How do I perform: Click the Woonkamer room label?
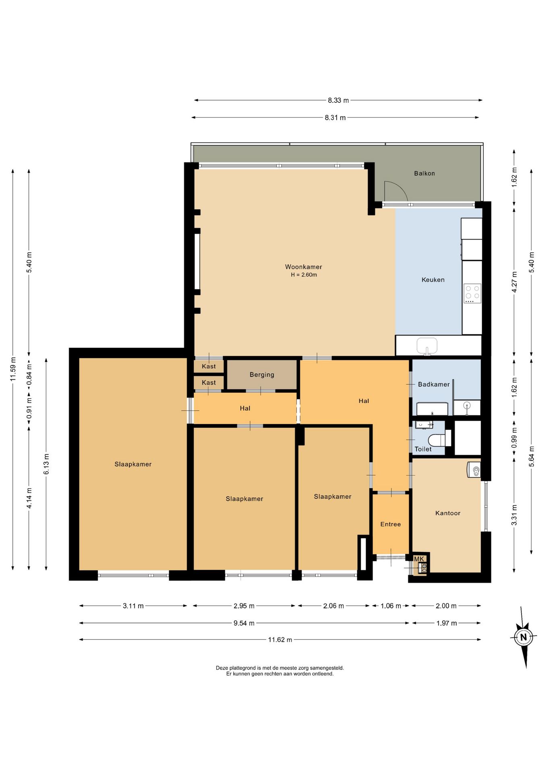303,267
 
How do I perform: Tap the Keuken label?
433,280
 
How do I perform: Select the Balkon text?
425,173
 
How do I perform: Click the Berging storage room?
262,375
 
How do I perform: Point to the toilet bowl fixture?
437,439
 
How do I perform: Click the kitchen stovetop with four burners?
472,293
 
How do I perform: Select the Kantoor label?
448,513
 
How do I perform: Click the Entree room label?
391,524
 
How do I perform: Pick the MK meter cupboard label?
419,559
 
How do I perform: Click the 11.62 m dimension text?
280,640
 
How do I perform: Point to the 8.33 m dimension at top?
338,100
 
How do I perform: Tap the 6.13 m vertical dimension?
46,464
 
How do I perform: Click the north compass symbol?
524,637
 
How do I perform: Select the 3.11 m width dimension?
133,606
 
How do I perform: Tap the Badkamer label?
433,384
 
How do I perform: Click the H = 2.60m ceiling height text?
304,275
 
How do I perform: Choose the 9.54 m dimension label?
244,623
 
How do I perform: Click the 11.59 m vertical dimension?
13,369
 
